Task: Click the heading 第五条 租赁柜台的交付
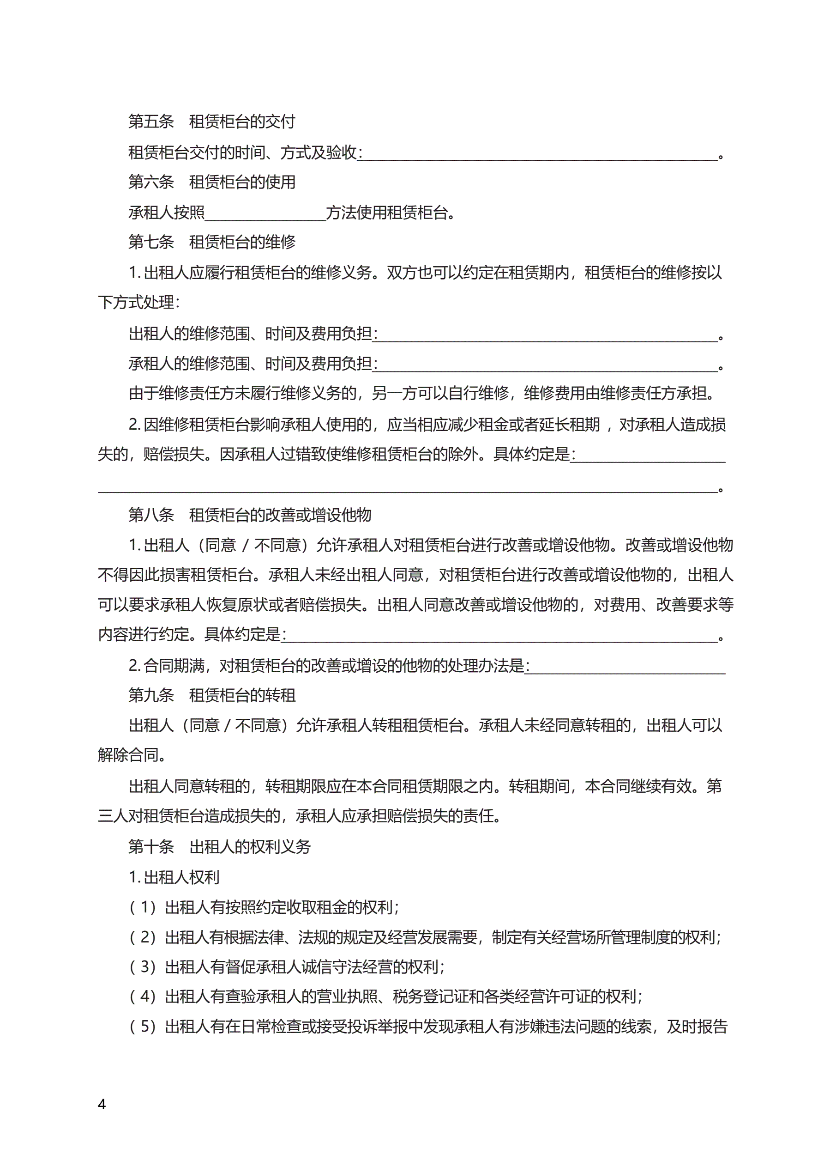pos(211,122)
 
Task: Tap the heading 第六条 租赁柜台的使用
pos(211,182)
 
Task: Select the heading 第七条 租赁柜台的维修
pos(211,242)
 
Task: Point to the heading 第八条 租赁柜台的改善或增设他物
pos(249,515)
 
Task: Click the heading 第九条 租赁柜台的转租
pos(211,695)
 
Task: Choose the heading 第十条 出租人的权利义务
pos(219,846)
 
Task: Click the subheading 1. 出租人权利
pos(174,877)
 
